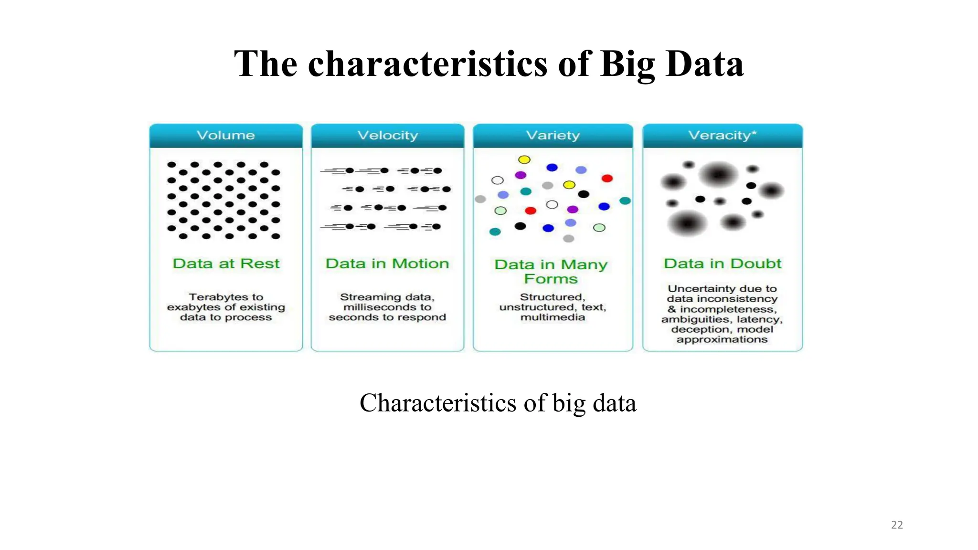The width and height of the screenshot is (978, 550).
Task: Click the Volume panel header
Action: pyautogui.click(x=226, y=136)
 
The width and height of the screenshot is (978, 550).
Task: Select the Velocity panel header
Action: pyautogui.click(x=387, y=136)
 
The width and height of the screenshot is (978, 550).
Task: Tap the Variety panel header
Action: pyautogui.click(x=553, y=136)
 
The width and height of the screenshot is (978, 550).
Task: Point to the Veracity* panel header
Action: pyautogui.click(x=722, y=136)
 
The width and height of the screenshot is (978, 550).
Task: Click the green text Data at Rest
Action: pyautogui.click(x=226, y=264)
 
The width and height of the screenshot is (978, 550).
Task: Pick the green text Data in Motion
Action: pyautogui.click(x=387, y=264)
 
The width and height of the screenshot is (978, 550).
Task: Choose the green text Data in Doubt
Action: pyautogui.click(x=722, y=264)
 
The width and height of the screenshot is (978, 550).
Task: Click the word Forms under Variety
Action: pyautogui.click(x=551, y=279)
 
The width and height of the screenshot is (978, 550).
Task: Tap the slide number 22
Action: pyautogui.click(x=897, y=525)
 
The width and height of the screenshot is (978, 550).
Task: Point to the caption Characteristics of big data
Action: pyautogui.click(x=498, y=402)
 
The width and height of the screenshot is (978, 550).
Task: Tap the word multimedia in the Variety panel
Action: pyautogui.click(x=553, y=317)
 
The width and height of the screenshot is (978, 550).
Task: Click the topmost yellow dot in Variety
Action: pyautogui.click(x=524, y=159)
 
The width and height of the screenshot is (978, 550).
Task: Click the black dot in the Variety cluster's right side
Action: pyautogui.click(x=584, y=194)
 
